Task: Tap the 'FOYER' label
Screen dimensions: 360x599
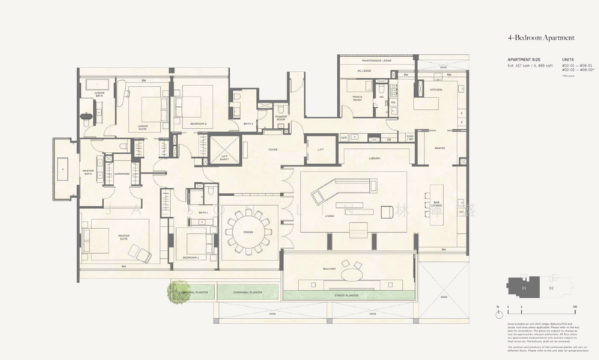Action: [263, 150]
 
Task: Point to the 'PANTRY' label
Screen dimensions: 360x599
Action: [440, 148]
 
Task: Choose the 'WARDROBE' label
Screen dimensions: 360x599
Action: [123, 174]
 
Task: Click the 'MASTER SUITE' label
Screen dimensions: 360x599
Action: [120, 237]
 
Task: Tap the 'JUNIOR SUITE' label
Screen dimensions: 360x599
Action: [143, 126]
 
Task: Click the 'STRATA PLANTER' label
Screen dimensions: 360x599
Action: [347, 296]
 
